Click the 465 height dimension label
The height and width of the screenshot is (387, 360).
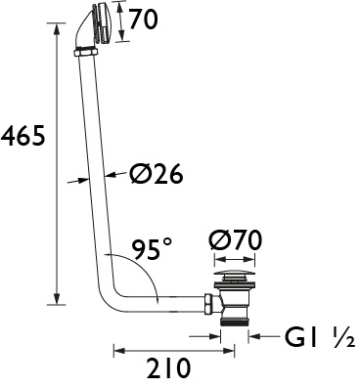22,135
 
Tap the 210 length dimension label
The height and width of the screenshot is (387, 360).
168,368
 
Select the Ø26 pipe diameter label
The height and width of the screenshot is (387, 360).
156,173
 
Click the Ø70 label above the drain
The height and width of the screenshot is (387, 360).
236,240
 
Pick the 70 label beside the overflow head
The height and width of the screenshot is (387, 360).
143,20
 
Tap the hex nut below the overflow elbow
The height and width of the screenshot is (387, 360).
85,53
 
